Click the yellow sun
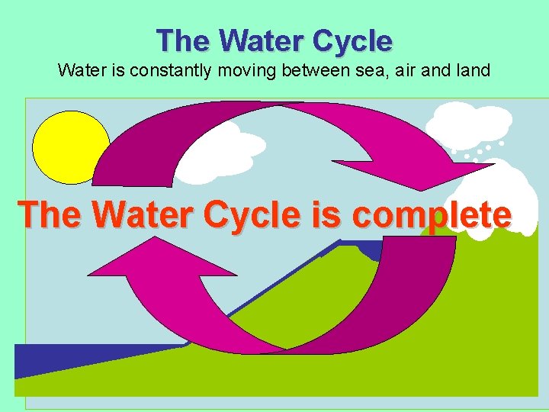click(x=71, y=147)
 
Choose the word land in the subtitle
click(x=468, y=71)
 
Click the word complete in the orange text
click(x=431, y=215)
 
